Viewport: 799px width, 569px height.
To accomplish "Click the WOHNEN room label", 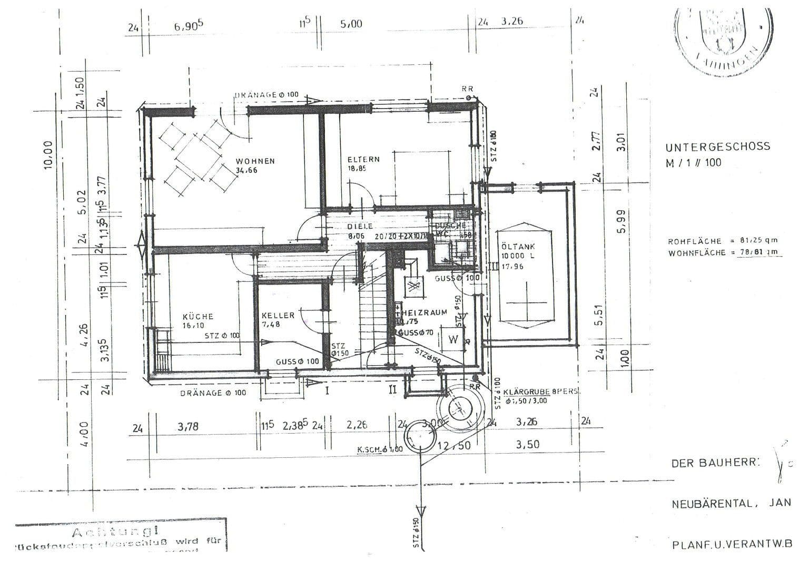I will coord(255,161).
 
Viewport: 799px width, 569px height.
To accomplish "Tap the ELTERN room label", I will coord(363,159).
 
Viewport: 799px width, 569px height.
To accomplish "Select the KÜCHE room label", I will coord(198,317).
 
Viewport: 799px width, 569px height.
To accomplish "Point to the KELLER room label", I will coord(278,316).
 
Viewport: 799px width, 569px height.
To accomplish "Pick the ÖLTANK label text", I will coord(518,247).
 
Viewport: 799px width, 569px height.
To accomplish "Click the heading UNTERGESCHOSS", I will coord(717,146).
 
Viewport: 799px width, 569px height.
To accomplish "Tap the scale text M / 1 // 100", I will coord(694,163).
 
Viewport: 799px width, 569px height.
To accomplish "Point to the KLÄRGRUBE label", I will coord(527,393).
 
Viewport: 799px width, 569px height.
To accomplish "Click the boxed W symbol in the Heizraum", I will coord(452,339).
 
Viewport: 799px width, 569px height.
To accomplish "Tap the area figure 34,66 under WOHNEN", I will coord(246,170).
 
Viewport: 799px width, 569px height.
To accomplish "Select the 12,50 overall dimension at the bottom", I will coord(453,445).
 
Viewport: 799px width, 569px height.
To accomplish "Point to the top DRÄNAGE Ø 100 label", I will coord(267,95).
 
